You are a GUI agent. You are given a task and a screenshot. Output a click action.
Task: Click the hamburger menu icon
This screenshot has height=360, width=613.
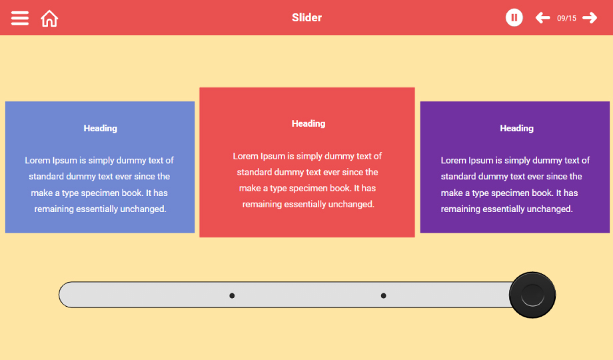(19, 18)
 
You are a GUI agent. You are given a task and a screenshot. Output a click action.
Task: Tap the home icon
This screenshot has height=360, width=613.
(49, 19)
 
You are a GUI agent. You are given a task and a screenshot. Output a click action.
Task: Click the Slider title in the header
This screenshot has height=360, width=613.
(307, 17)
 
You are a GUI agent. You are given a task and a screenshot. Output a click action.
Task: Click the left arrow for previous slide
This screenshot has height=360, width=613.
(542, 17)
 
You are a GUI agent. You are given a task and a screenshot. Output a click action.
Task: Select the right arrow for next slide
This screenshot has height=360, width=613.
(590, 17)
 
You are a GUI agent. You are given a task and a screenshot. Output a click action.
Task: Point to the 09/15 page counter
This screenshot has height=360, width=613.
(566, 19)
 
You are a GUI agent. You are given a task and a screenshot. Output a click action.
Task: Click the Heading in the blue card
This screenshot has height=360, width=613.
(101, 129)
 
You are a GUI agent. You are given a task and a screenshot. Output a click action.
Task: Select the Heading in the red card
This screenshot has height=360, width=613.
(308, 123)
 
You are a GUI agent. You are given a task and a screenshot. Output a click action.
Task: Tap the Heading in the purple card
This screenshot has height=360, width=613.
(517, 129)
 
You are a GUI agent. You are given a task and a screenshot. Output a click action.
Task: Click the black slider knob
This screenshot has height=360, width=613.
(532, 295)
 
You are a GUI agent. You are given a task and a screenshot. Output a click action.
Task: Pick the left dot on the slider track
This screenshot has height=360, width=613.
(232, 296)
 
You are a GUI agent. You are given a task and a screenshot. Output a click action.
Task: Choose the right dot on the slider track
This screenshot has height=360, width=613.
(384, 296)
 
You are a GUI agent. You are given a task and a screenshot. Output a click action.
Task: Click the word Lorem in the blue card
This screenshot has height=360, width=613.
(37, 161)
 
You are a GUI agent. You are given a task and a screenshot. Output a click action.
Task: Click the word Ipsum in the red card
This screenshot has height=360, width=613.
(273, 157)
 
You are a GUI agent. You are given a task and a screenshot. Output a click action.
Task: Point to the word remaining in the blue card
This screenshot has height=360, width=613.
(54, 209)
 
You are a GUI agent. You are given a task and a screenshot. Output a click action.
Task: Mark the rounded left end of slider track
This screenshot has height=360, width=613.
(59, 295)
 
